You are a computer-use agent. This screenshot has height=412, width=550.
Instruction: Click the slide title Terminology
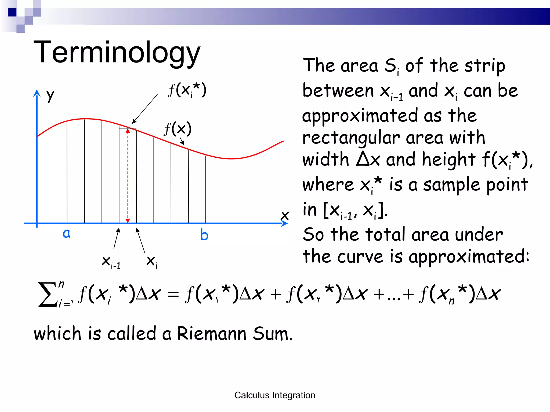coord(117,52)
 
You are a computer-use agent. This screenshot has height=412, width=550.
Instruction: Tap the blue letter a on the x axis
coord(67,233)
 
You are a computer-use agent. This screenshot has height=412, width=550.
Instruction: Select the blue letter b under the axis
coord(204,235)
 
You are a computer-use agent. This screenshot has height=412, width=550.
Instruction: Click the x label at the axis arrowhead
coord(285,215)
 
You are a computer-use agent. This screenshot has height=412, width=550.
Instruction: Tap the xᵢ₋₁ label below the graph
coord(111,262)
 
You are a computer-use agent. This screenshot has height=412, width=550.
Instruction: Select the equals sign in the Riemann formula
coord(173,294)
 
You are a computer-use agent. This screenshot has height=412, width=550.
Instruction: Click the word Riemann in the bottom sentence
coord(212,333)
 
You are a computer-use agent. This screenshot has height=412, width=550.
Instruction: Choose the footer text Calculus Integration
coord(275,395)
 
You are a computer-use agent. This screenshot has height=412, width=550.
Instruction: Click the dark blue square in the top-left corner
coord(12,12)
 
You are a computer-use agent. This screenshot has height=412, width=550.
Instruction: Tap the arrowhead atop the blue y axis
coord(37,93)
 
